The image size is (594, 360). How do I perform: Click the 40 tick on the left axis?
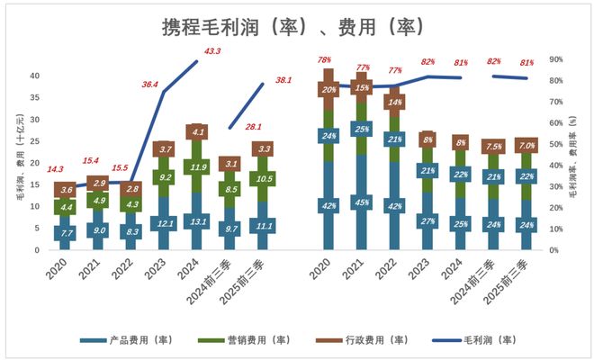(x=36, y=76)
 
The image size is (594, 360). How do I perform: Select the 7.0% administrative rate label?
(x=526, y=145)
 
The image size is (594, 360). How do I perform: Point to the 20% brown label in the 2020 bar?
(x=329, y=90)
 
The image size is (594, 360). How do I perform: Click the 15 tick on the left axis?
(x=36, y=184)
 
